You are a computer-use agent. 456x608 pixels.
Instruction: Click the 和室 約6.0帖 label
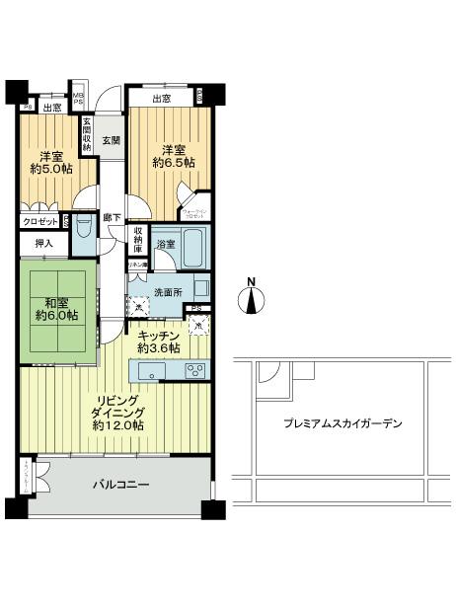tap(55, 309)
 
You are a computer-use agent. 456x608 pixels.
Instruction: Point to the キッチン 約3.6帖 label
tap(158, 342)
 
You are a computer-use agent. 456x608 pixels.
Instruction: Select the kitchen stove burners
tap(195, 370)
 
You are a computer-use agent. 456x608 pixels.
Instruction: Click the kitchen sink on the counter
tap(153, 371)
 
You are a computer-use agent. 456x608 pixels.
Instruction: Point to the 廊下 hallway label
tap(111, 217)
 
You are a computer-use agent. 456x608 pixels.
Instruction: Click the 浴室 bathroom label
tap(167, 244)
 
